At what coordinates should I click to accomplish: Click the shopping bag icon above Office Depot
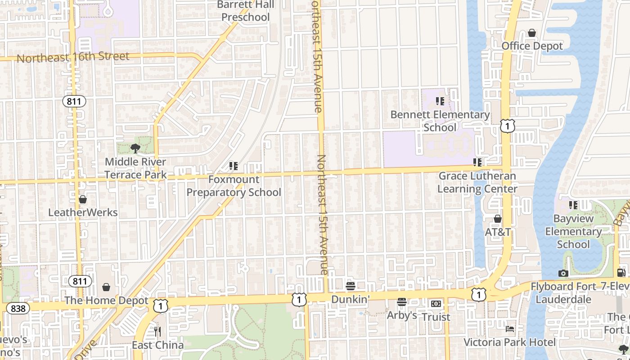[x=532, y=33]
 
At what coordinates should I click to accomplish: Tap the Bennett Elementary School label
[x=440, y=121]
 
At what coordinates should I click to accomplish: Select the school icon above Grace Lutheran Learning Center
[x=477, y=162]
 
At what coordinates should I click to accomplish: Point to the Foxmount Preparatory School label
[x=234, y=186]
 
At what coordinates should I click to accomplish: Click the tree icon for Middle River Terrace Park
[x=135, y=148]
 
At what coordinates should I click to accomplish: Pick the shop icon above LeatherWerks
[x=82, y=199]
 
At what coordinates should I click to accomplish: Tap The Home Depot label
[x=106, y=300]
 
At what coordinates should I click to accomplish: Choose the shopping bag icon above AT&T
[x=497, y=219]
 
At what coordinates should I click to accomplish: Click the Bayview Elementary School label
[x=573, y=231]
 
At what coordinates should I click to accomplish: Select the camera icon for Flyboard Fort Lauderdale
[x=563, y=273]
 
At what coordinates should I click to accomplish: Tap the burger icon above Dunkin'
[x=350, y=286]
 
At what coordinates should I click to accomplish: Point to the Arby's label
[x=402, y=315]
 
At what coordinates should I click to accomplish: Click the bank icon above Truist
[x=436, y=304]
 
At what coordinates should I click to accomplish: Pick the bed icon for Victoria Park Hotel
[x=509, y=329]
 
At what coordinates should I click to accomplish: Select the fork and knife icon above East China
[x=157, y=332]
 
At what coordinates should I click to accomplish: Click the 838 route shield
[x=18, y=308]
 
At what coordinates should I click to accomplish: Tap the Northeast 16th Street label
[x=73, y=57]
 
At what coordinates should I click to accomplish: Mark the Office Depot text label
[x=532, y=46]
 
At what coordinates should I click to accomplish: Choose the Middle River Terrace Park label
[x=135, y=168]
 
